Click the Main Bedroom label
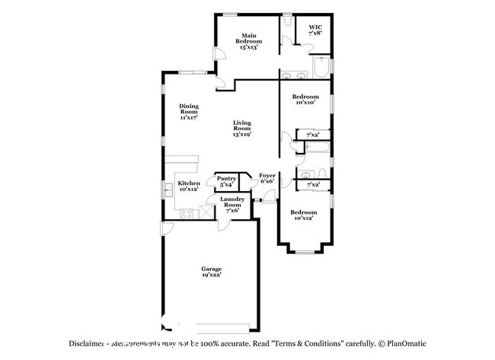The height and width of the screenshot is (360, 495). click(x=248, y=41)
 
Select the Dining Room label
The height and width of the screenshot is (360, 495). click(x=189, y=112)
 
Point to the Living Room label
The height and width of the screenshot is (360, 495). click(x=242, y=128)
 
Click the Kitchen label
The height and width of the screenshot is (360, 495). click(x=188, y=186)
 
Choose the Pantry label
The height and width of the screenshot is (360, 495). click(x=227, y=181)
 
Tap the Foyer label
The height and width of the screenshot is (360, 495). click(x=267, y=178)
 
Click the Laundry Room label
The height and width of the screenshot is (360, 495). click(x=232, y=205)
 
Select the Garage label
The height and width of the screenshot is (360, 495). click(x=211, y=272)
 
